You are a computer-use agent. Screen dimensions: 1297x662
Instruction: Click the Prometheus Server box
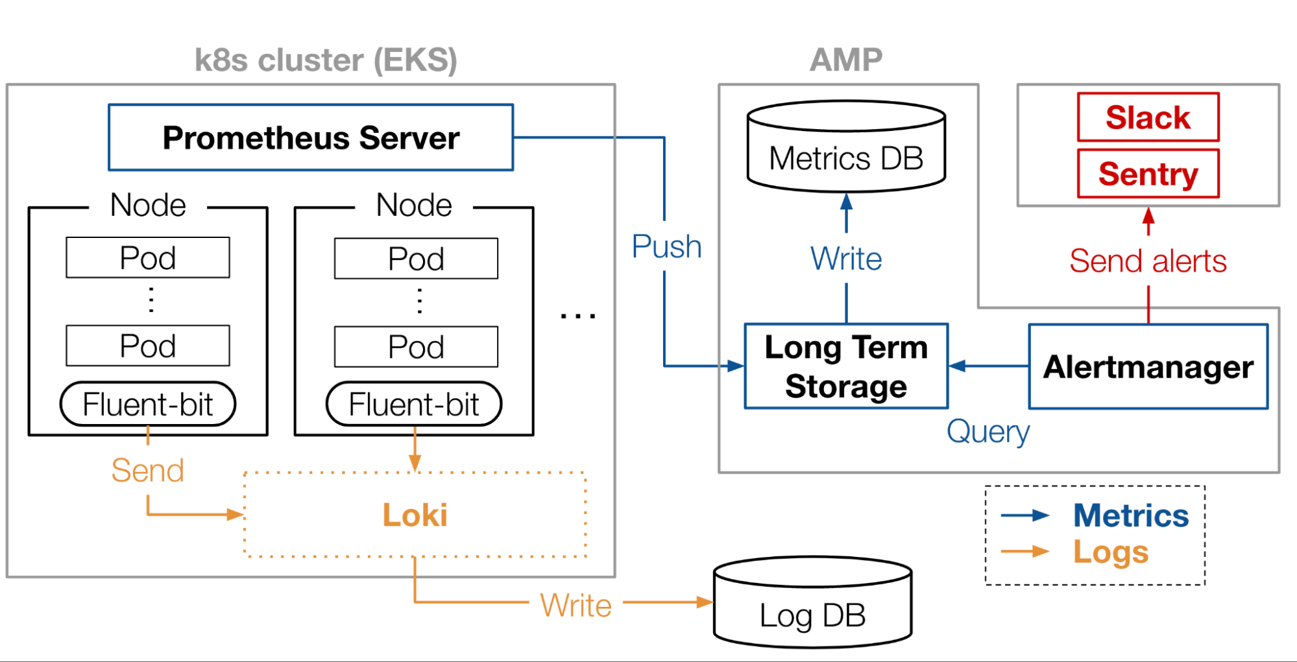[x=311, y=137]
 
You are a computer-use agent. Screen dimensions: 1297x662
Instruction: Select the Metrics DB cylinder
[x=846, y=147]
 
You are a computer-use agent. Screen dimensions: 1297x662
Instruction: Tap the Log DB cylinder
[x=812, y=602]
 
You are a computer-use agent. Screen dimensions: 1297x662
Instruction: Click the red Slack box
[x=1148, y=117]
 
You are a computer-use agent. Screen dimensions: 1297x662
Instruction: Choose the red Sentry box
[x=1148, y=174]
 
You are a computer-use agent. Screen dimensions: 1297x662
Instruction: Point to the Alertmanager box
[x=1148, y=366]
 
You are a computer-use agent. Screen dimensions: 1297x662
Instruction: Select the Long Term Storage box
[x=846, y=366]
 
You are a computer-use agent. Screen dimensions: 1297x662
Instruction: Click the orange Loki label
[x=415, y=515]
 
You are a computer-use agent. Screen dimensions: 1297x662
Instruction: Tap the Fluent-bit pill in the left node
[x=148, y=404]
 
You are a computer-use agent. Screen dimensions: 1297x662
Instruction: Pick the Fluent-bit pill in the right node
[x=414, y=404]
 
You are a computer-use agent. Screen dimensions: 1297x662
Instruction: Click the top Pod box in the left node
[x=148, y=257]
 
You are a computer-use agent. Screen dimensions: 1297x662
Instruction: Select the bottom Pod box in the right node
[x=416, y=347]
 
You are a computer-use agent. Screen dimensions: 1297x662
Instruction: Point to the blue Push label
[x=667, y=246]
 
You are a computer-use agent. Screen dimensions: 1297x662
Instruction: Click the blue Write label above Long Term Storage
[x=846, y=259]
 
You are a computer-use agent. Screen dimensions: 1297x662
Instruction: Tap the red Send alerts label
[x=1148, y=261]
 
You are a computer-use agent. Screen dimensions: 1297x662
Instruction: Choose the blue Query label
[x=988, y=432]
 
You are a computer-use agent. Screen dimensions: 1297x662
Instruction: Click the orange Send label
[x=148, y=470]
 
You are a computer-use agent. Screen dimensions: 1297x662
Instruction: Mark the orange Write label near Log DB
[x=576, y=606]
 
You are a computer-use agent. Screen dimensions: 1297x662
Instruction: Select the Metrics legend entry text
[x=1131, y=515]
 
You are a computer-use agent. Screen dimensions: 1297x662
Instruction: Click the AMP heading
[x=846, y=60]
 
